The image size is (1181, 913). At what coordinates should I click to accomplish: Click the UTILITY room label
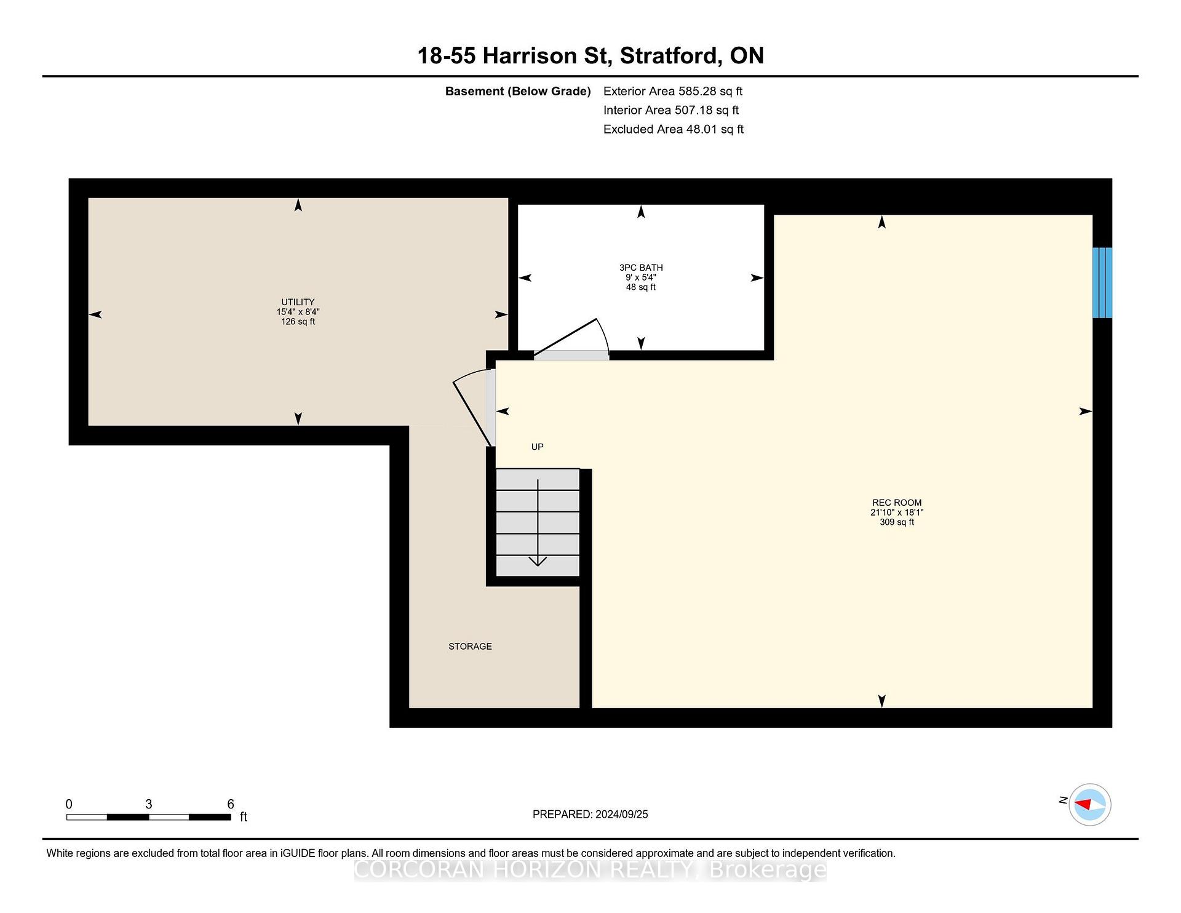(x=298, y=302)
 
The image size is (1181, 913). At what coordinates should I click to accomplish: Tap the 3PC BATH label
(x=641, y=268)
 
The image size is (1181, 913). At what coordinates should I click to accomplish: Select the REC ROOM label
(x=897, y=503)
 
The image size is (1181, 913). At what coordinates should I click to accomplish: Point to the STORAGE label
(x=470, y=647)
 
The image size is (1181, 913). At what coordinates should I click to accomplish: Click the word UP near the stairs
(x=538, y=447)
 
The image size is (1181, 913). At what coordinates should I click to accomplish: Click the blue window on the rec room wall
(x=1102, y=282)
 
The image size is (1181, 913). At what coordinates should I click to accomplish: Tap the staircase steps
(x=538, y=522)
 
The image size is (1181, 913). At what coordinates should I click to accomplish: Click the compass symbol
(x=1089, y=805)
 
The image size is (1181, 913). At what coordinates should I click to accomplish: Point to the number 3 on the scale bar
(x=149, y=804)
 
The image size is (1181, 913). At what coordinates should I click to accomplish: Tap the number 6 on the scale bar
(x=231, y=804)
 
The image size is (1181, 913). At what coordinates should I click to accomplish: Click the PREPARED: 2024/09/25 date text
(x=590, y=815)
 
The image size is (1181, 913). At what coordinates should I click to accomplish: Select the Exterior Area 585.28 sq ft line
(x=673, y=92)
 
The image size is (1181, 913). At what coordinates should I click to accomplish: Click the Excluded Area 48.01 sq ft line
(x=674, y=130)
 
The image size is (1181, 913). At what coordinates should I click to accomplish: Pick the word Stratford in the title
(x=670, y=56)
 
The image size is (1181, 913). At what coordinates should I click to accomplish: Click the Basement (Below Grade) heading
(x=518, y=92)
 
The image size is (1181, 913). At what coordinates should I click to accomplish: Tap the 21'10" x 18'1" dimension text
(x=897, y=512)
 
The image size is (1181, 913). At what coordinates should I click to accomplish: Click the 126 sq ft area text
(x=298, y=322)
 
